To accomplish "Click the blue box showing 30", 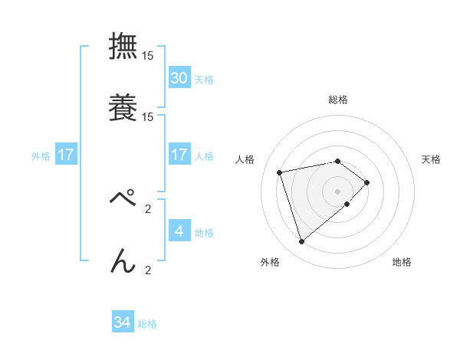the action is pyautogui.click(x=179, y=77).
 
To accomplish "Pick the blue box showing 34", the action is pyautogui.click(x=123, y=322).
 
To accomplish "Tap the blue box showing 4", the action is pyautogui.click(x=179, y=231).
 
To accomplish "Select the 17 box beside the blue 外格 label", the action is pyautogui.click(x=66, y=155).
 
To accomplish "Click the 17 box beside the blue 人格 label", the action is pyautogui.click(x=179, y=155).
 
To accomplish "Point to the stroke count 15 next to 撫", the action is pyautogui.click(x=148, y=56).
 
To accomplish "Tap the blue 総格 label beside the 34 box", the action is pyautogui.click(x=147, y=324).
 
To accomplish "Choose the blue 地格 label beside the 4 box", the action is pyautogui.click(x=204, y=232).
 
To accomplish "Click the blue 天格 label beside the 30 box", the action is pyautogui.click(x=204, y=79).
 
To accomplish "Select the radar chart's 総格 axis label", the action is pyautogui.click(x=338, y=100).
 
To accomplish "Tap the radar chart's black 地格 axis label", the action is pyautogui.click(x=402, y=263).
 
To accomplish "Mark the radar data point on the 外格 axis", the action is pyautogui.click(x=302, y=242).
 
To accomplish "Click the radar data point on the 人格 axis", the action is pyautogui.click(x=280, y=172).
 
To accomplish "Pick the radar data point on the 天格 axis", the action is pyautogui.click(x=367, y=182).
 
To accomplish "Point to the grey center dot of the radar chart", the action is pyautogui.click(x=338, y=191).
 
